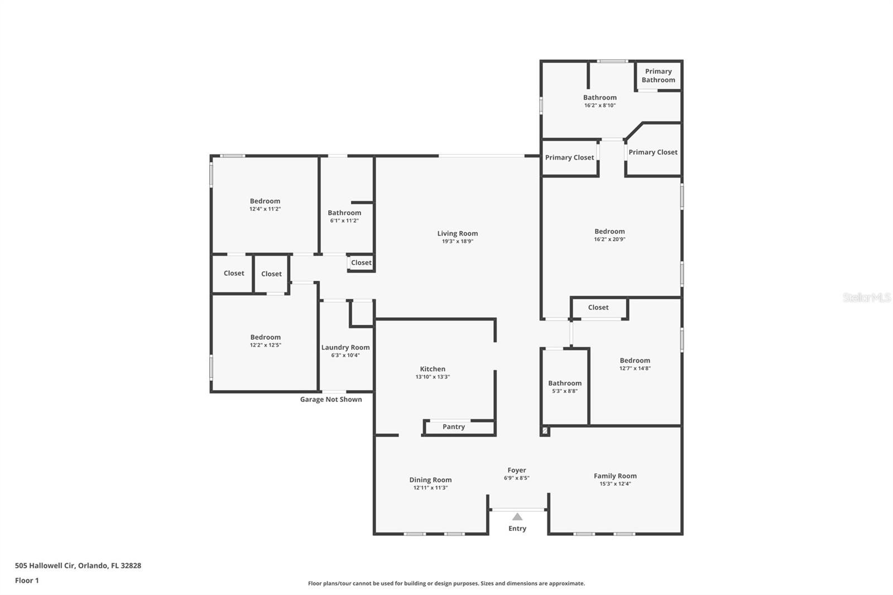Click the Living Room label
(457, 233)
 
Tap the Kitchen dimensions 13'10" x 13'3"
(433, 377)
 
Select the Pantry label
(453, 426)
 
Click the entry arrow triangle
(517, 516)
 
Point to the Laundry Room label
(345, 347)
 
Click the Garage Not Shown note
(331, 399)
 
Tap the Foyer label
(516, 470)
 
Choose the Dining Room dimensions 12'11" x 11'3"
(430, 488)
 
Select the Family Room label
(615, 476)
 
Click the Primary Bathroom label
(658, 75)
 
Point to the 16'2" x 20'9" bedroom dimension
(609, 239)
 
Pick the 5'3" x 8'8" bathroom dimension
(565, 391)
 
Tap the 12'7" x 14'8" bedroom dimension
(635, 368)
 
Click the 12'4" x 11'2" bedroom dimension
(265, 209)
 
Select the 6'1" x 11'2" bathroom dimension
(344, 220)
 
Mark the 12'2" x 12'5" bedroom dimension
(265, 346)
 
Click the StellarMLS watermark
(866, 297)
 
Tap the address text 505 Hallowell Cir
(45, 565)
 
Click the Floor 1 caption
(27, 580)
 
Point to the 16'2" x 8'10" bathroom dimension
(599, 105)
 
